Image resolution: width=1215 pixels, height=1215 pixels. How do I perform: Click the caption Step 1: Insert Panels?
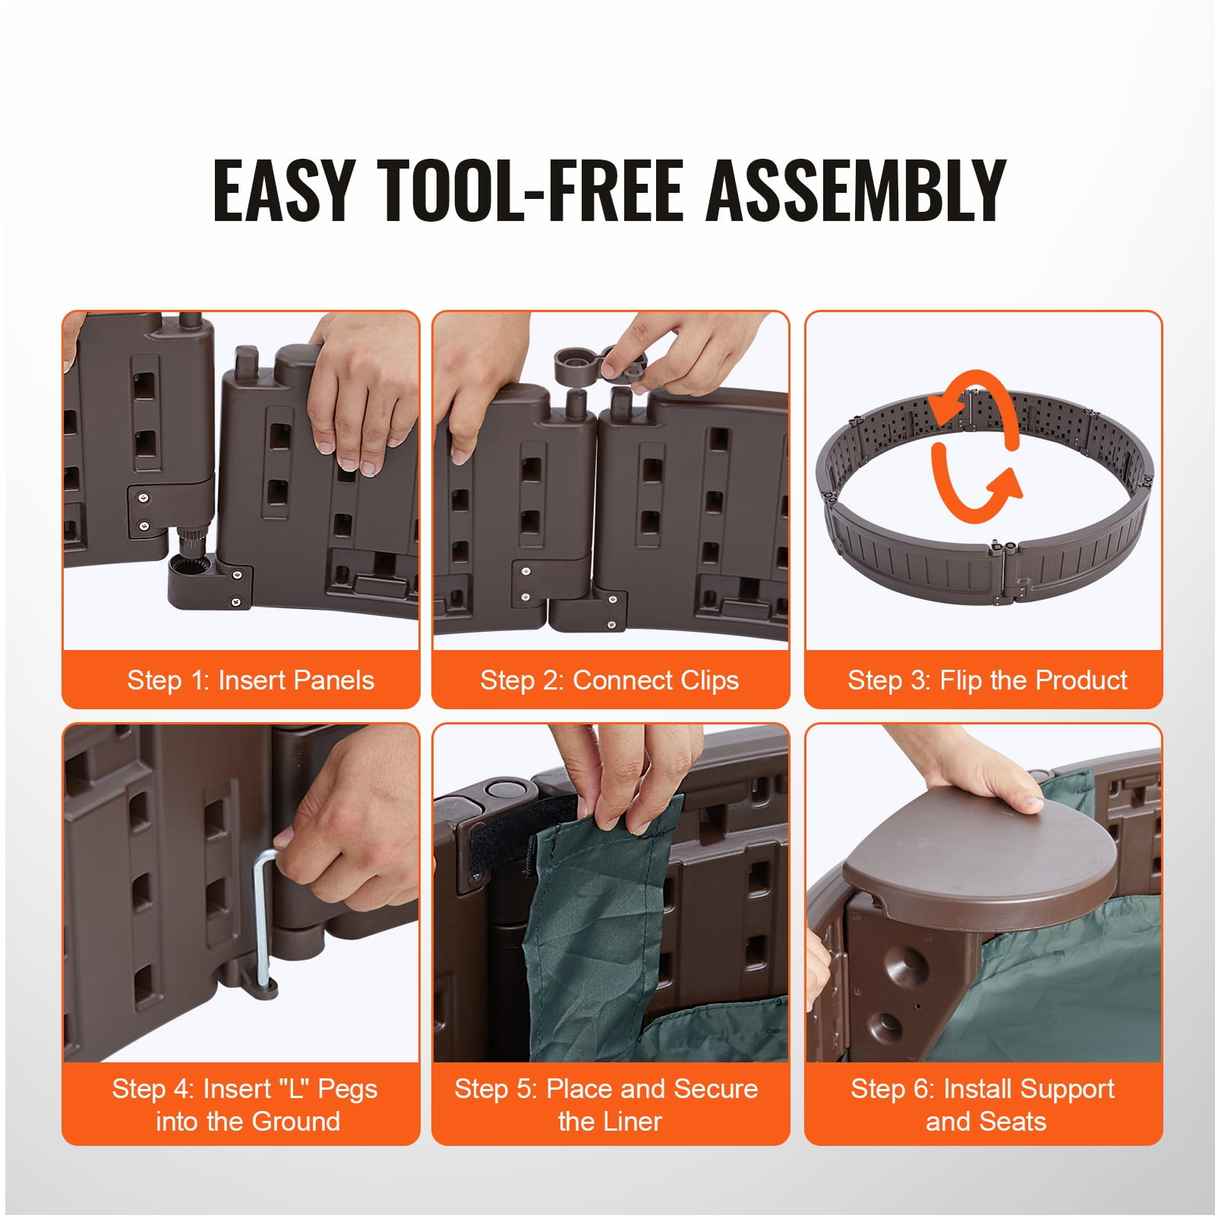point(251,680)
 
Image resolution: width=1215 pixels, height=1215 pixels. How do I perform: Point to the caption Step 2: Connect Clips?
point(609,680)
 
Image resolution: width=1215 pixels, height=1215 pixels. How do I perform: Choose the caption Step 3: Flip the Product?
point(987,680)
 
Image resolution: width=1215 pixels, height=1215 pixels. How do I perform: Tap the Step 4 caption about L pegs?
point(245,1105)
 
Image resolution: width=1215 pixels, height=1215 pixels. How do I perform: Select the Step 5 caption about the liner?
point(606,1105)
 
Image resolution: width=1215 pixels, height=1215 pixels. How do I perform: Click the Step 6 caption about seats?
point(983,1105)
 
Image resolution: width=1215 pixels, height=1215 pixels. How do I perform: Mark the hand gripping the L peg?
point(346,828)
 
